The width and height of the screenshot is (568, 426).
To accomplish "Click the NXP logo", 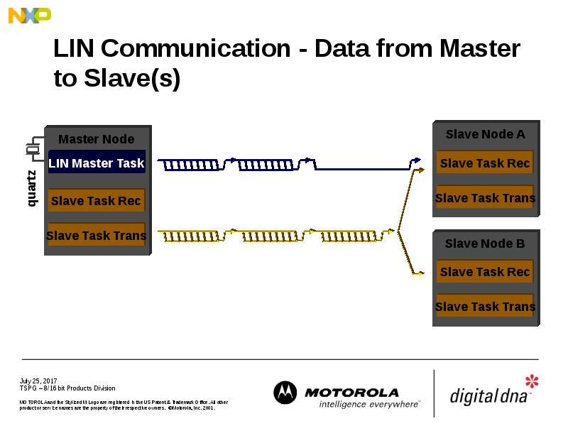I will pos(30,15).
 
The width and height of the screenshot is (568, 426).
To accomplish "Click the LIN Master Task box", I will pos(97,163).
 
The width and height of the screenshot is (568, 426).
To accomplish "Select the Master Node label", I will pos(96,139).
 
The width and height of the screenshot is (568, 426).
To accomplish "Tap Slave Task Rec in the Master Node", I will pos(96,201).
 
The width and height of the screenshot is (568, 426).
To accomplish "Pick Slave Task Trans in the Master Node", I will pos(96,235).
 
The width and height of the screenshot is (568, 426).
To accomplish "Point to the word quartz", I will pos(32,189).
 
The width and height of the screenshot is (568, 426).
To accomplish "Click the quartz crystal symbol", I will pos(32,149).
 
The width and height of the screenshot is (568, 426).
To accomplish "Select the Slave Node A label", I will pos(485,134).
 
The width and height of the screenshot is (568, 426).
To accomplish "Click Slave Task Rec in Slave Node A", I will pos(485,163).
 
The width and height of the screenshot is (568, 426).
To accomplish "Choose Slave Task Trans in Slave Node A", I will pos(485,198).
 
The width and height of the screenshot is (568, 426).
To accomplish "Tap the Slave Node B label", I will pos(485,244).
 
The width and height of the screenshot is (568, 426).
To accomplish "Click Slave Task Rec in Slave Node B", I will pos(485,272).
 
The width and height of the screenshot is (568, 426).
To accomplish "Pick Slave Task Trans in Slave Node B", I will pos(485,307).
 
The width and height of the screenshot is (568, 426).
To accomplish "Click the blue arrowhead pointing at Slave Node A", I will pos(418,160).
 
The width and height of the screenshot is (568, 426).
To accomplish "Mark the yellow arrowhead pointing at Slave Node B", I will pos(420,273).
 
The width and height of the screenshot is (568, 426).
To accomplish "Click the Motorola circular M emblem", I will pos(285,393).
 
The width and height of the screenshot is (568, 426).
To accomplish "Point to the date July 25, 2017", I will pos(38,381).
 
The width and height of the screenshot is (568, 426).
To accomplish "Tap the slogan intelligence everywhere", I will pos(368,404).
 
